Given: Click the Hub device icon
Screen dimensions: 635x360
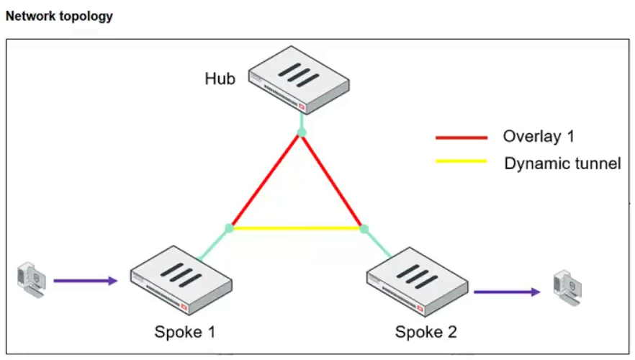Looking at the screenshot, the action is (x=299, y=80).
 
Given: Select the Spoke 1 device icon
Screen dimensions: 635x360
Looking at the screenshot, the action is (x=181, y=280).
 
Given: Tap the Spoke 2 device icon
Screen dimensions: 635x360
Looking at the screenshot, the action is (x=418, y=282).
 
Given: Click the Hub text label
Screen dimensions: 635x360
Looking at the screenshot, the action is (x=220, y=78).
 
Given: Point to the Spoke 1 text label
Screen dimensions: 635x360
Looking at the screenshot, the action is (x=184, y=332).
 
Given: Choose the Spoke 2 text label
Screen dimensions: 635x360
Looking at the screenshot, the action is (x=426, y=332).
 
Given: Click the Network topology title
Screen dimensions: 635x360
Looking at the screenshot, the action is (x=59, y=17).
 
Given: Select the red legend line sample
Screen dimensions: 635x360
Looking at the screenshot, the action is (x=461, y=138).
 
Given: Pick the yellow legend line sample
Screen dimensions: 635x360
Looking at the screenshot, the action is (x=461, y=161).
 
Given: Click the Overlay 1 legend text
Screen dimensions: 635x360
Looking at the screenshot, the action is (x=539, y=137).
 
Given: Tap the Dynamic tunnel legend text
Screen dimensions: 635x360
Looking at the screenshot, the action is (x=562, y=163).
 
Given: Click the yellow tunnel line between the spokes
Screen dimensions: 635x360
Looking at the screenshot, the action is (x=297, y=228).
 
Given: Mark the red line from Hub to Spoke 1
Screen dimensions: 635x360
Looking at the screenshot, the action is (x=265, y=180).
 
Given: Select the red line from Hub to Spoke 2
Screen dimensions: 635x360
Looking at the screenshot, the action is (x=332, y=180).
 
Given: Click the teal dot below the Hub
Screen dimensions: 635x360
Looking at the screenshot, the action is (x=301, y=132).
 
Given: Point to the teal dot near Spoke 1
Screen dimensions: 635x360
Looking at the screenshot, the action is (x=229, y=228).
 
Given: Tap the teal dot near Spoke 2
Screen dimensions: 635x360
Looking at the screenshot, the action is (x=364, y=229).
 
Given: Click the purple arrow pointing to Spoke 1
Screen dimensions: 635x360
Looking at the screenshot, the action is (x=86, y=281).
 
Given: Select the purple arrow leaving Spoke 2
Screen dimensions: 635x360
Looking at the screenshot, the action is (x=507, y=292).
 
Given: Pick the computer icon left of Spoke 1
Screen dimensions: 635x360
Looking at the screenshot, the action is (x=32, y=280).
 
